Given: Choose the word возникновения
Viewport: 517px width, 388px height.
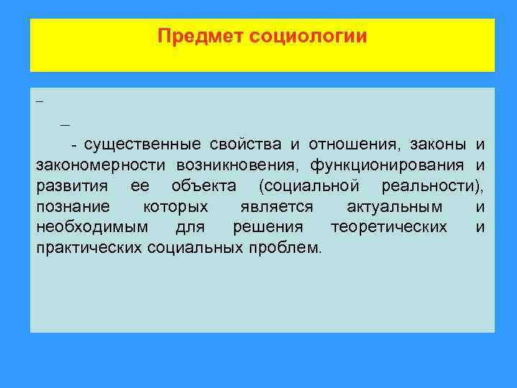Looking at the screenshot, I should click(228, 166).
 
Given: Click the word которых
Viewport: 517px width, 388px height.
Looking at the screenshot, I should click(176, 208).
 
